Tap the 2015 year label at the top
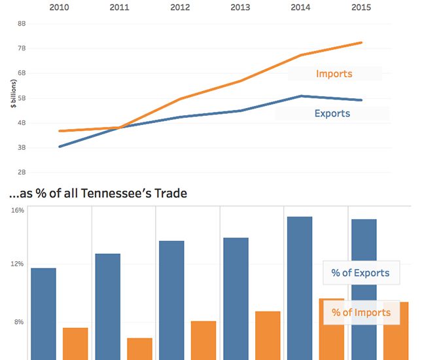pos(361,7)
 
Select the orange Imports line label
pos(334,73)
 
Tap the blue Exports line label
pos(332,113)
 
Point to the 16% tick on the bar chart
pos(18,211)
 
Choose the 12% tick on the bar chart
pos(18,264)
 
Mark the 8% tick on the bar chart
pos(19,322)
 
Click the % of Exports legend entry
pos(360,273)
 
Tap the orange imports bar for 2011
pos(139,348)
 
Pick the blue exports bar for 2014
pos(300,288)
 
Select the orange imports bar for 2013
pos(268,334)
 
